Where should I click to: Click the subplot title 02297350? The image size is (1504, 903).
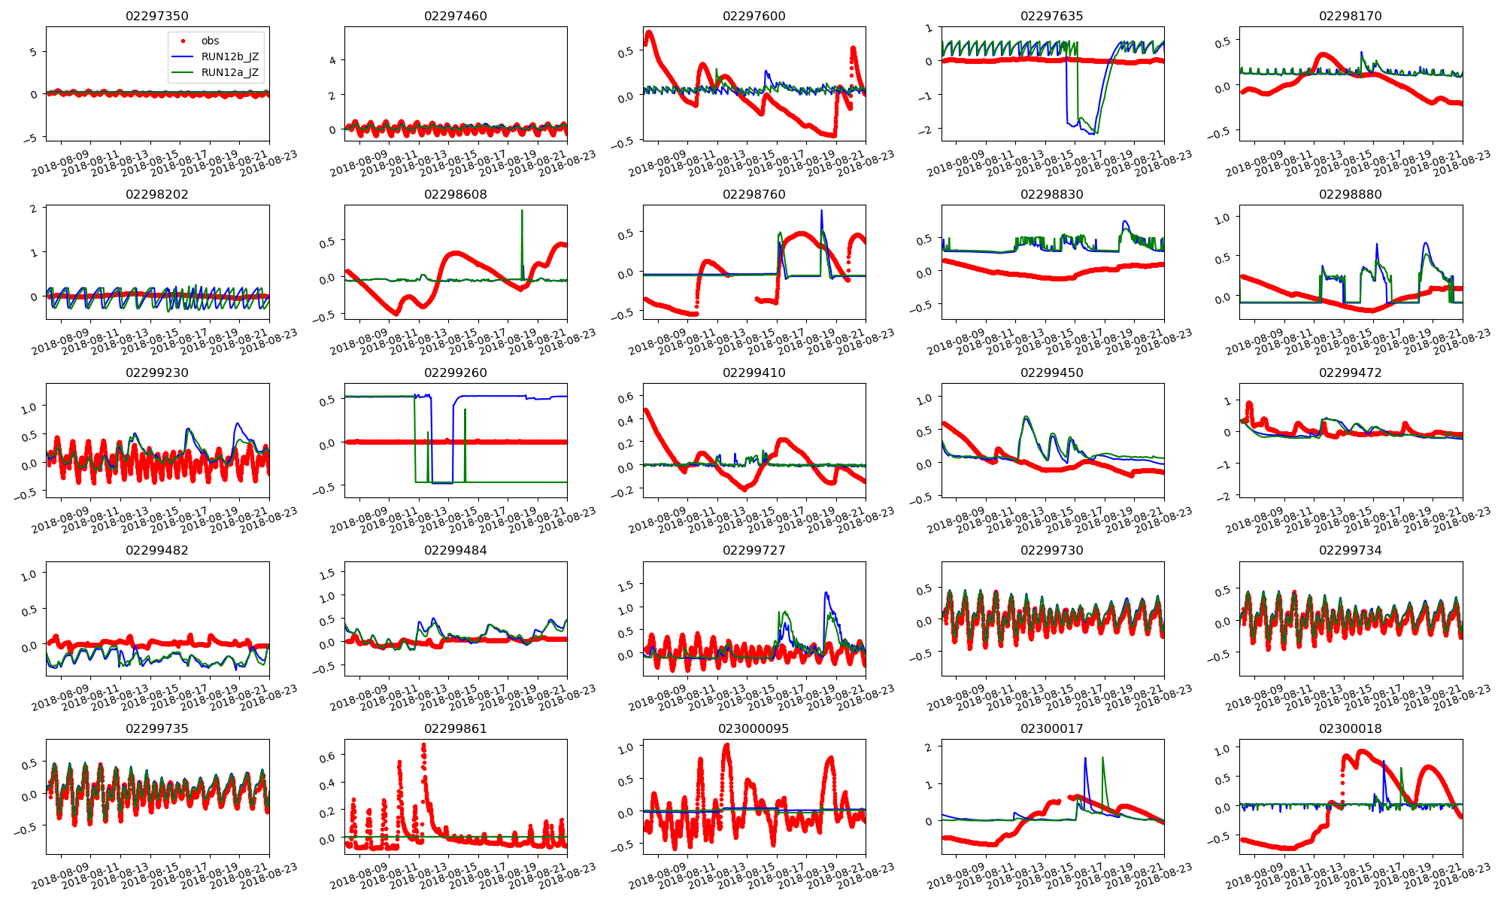(157, 16)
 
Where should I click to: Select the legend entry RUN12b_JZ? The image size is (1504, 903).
(229, 56)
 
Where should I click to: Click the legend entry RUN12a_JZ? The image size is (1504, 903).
(229, 72)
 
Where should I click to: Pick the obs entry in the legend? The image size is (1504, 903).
(210, 41)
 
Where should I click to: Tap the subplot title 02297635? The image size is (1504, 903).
(1052, 16)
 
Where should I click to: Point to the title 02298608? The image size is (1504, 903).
(455, 194)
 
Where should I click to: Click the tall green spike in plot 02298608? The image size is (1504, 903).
(522, 211)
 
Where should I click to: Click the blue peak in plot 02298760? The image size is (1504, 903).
(821, 211)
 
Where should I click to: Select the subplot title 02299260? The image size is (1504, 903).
(455, 372)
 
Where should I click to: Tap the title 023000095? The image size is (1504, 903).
(754, 728)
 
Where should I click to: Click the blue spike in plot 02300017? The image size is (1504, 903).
(1085, 759)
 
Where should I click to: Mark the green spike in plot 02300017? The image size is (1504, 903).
(1102, 759)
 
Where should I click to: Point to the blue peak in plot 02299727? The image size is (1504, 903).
(826, 594)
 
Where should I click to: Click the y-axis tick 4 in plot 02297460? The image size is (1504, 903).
(332, 60)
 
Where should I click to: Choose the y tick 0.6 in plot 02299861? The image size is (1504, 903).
(327, 756)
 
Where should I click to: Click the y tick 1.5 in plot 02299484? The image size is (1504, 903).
(327, 574)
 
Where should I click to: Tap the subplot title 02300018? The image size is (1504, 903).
(1350, 728)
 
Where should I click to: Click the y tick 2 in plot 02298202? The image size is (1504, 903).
(34, 208)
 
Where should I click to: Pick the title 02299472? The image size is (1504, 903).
(1350, 372)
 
